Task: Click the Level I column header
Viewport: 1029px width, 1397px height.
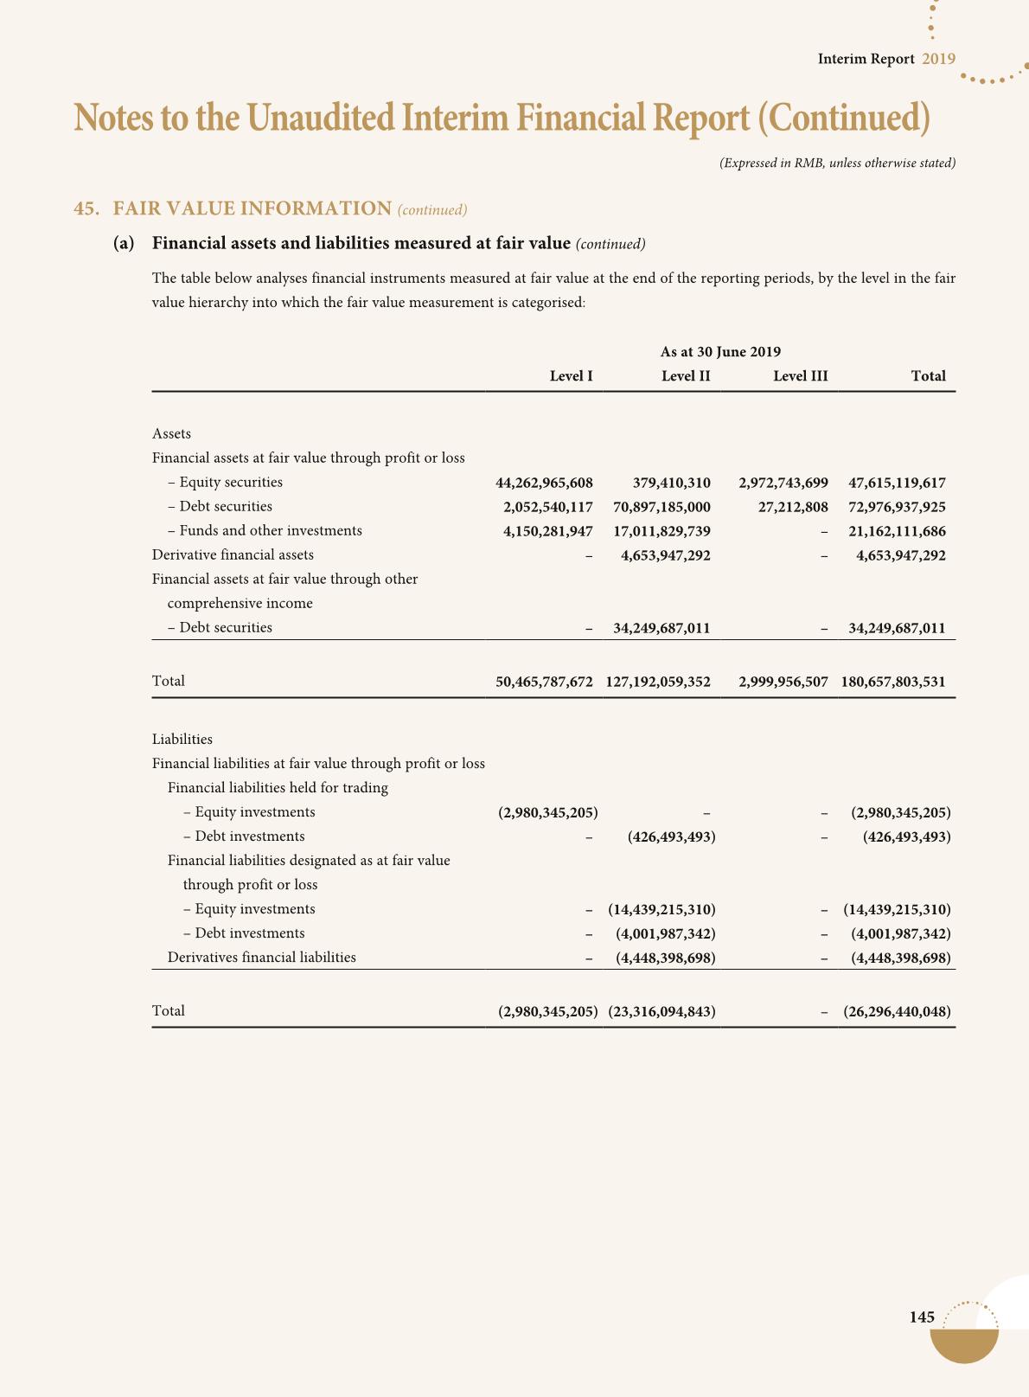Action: point(571,376)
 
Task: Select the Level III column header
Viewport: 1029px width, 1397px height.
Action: point(800,376)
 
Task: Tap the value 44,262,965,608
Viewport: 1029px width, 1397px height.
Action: point(544,483)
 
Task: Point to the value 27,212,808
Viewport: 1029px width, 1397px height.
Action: point(792,507)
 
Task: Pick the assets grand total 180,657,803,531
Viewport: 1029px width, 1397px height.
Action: point(892,682)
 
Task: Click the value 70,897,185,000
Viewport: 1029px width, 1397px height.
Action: point(661,507)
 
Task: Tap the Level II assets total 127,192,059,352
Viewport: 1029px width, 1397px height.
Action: point(658,682)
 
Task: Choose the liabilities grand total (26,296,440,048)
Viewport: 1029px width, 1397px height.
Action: point(897,1011)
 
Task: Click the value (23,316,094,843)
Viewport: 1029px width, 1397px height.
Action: point(661,1011)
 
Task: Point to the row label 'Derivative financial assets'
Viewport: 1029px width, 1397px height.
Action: point(233,555)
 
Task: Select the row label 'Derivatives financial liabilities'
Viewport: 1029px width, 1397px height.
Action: point(261,958)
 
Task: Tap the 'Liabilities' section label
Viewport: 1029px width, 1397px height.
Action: point(182,740)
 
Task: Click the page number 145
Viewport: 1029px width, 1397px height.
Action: point(922,1317)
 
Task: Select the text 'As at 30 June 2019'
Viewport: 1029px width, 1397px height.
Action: point(720,352)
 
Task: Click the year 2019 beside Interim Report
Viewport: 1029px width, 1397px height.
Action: point(938,59)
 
